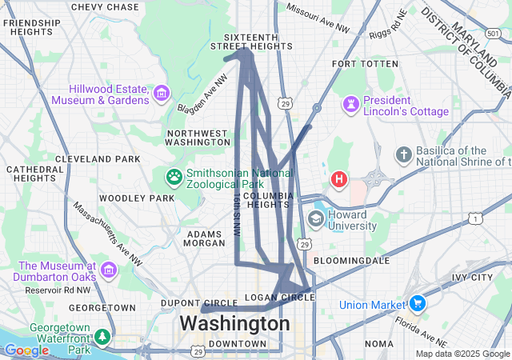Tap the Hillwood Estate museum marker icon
tap(162, 94)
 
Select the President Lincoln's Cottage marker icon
tap(350, 104)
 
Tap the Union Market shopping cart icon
tap(417, 303)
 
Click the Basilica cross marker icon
tap(405, 154)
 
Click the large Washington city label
tap(234, 324)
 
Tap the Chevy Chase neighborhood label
tap(105, 7)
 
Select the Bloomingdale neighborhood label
tap(351, 261)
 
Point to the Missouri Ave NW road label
tap(318, 19)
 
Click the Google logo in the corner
tap(26, 350)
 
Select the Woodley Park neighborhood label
tap(137, 198)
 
